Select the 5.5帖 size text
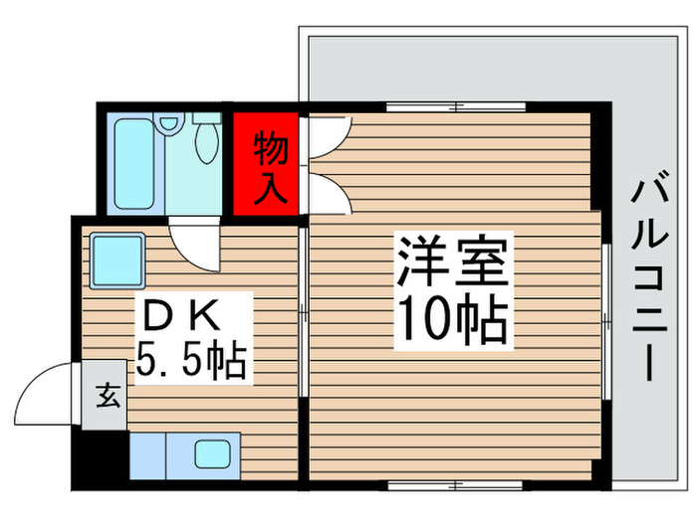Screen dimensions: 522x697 [x=190, y=359]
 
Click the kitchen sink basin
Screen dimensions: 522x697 [x=213, y=455]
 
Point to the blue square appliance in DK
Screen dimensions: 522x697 [x=117, y=259]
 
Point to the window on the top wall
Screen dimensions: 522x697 [x=456, y=106]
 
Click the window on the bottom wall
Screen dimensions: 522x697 [x=456, y=485]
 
